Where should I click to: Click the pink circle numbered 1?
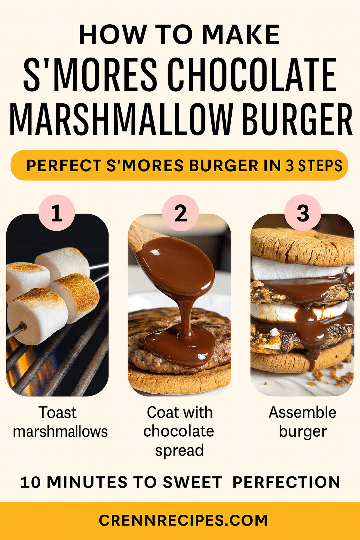point(57,213)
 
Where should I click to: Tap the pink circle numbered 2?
point(180,213)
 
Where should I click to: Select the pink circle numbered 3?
point(303,213)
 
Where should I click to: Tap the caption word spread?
point(179,450)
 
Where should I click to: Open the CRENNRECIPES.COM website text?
point(183,520)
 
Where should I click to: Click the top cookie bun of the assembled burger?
point(302,244)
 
